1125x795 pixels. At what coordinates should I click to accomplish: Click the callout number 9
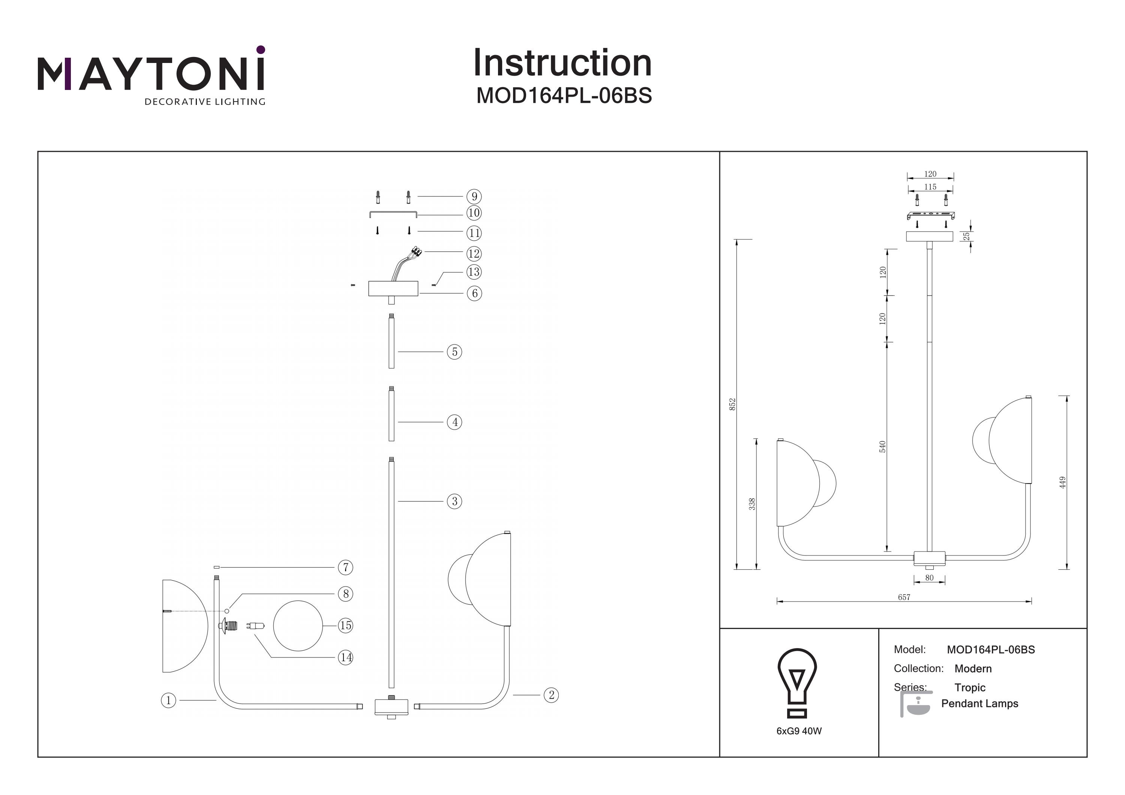(x=474, y=196)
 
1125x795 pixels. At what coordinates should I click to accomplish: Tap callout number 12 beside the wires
(x=474, y=253)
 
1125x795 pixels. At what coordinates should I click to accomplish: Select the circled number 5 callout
(x=454, y=352)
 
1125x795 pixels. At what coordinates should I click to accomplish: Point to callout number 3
(x=454, y=501)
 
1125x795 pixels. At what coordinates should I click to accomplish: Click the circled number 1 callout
(x=168, y=701)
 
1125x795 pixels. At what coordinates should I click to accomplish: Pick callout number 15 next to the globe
(x=345, y=626)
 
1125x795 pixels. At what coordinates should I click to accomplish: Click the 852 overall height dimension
(x=732, y=404)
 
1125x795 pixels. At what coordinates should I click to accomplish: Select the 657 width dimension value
(x=904, y=597)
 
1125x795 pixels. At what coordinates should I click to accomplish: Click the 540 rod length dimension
(x=882, y=447)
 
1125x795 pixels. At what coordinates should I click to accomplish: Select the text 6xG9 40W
(x=799, y=731)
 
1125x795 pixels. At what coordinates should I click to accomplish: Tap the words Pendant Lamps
(x=979, y=704)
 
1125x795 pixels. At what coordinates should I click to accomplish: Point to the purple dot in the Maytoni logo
(x=261, y=49)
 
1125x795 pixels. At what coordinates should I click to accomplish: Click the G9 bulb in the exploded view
(x=256, y=626)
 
